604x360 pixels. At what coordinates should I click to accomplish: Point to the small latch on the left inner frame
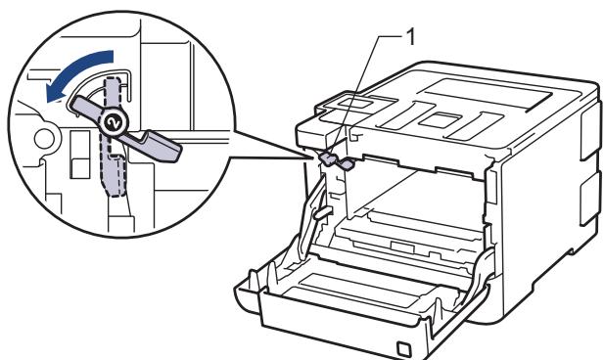(321, 210)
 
